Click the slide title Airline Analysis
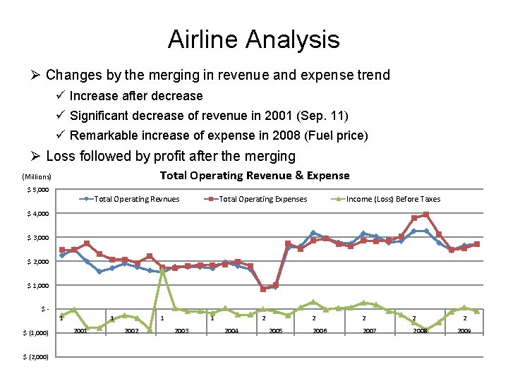coord(253,40)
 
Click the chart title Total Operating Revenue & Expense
coord(254,175)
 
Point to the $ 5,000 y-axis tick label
coord(36,190)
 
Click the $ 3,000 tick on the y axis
coord(36,238)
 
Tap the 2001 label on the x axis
coord(80,330)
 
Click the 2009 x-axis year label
coord(465,330)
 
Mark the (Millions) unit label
coord(37,177)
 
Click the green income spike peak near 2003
coord(162,271)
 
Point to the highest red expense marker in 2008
coord(426,214)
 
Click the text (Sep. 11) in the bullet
coord(325,116)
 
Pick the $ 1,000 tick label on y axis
coord(36,285)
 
